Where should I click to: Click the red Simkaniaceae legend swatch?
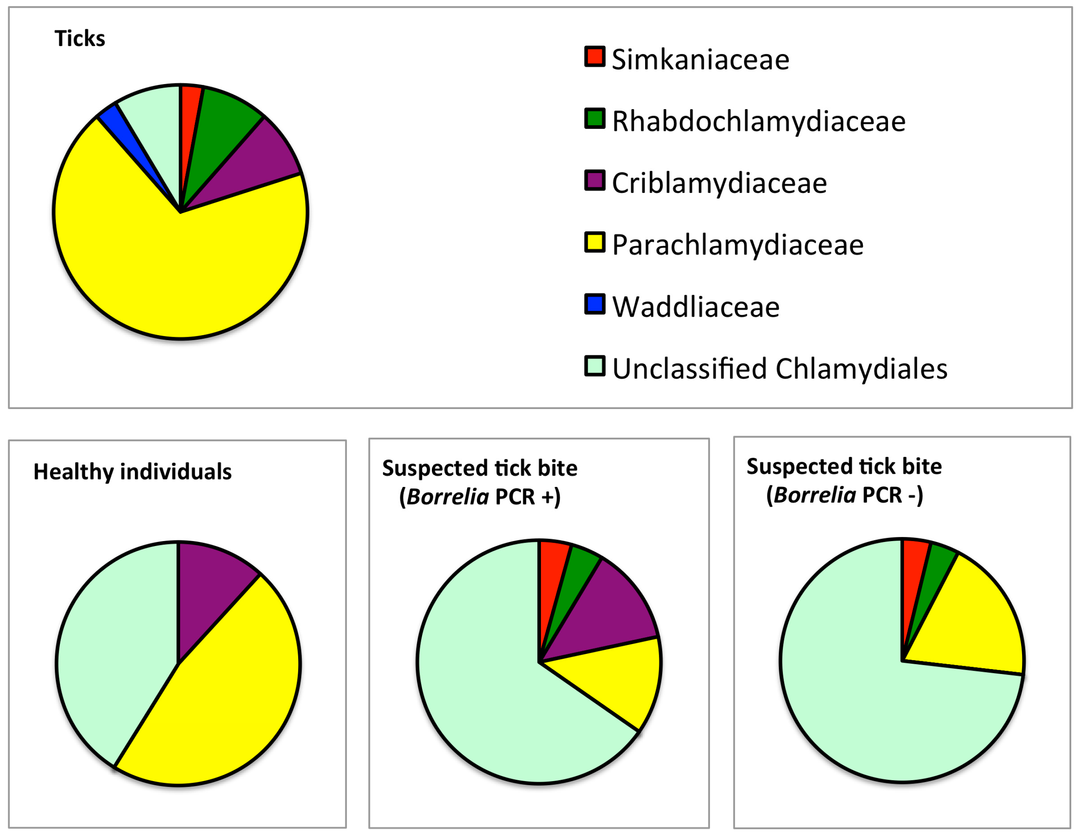pos(595,57)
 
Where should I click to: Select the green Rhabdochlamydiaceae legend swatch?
pos(595,119)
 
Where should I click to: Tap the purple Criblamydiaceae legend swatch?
pos(595,181)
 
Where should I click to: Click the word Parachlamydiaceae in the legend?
pos(738,245)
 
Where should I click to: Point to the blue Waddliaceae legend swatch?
pos(595,304)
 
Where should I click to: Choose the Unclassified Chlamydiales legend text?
pos(779,369)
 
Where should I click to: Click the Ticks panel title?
pos(80,39)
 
